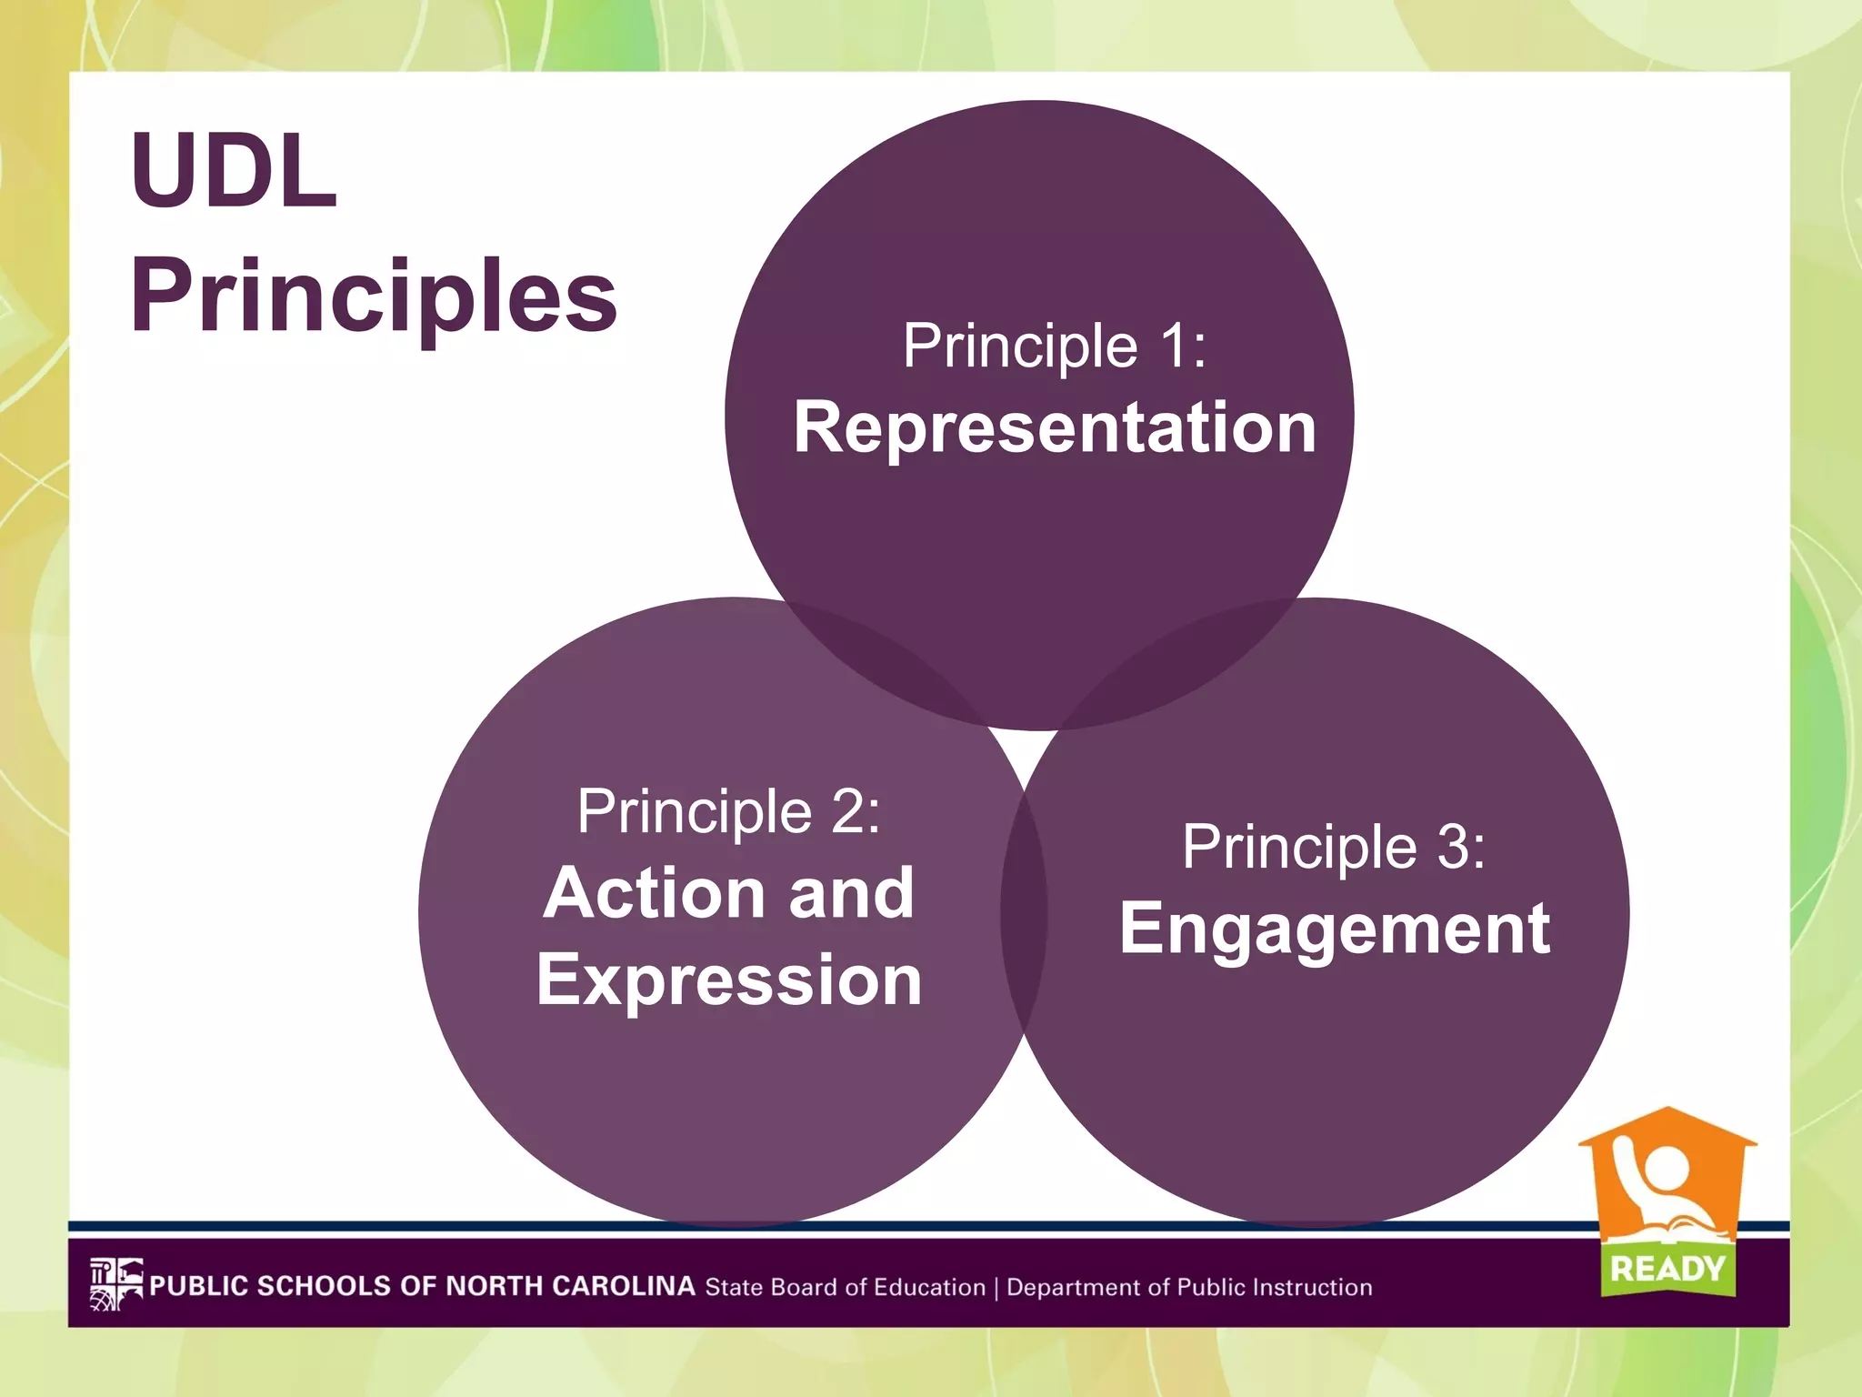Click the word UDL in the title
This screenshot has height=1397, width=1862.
(234, 170)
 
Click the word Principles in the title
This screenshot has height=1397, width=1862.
(374, 296)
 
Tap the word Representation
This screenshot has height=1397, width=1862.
(1055, 427)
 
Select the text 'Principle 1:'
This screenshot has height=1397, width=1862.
(1055, 346)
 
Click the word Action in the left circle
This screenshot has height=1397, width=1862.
(655, 893)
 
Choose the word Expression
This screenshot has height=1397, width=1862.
(729, 980)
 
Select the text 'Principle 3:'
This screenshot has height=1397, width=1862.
(1334, 847)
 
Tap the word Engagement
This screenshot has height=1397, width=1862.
(1334, 929)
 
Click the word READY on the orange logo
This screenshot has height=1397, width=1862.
(1667, 1268)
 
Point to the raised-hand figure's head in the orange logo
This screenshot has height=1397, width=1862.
(1667, 1168)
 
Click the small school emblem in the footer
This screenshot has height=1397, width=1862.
(115, 1284)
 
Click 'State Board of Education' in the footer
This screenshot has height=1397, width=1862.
(846, 1287)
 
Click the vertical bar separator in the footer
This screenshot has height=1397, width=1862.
(996, 1288)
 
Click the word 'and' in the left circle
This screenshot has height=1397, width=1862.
(851, 893)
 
